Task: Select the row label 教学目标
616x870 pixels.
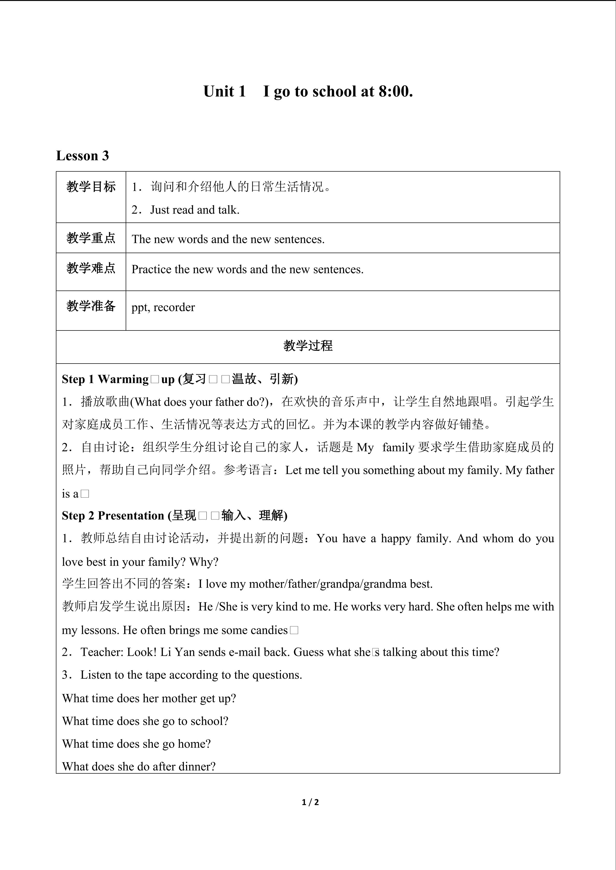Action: (x=91, y=187)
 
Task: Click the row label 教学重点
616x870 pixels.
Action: (x=91, y=238)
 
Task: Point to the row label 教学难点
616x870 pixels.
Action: (x=91, y=268)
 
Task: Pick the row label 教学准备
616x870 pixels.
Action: (x=91, y=306)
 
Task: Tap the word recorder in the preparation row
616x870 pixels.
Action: (x=174, y=307)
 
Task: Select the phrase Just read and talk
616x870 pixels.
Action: (x=195, y=210)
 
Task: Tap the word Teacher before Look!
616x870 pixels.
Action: (x=102, y=652)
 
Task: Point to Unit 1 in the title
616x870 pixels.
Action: (x=225, y=91)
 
